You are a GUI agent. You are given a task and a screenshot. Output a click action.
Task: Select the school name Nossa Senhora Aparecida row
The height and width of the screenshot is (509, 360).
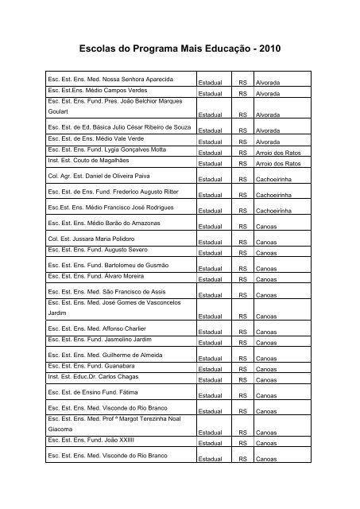pos(110,81)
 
